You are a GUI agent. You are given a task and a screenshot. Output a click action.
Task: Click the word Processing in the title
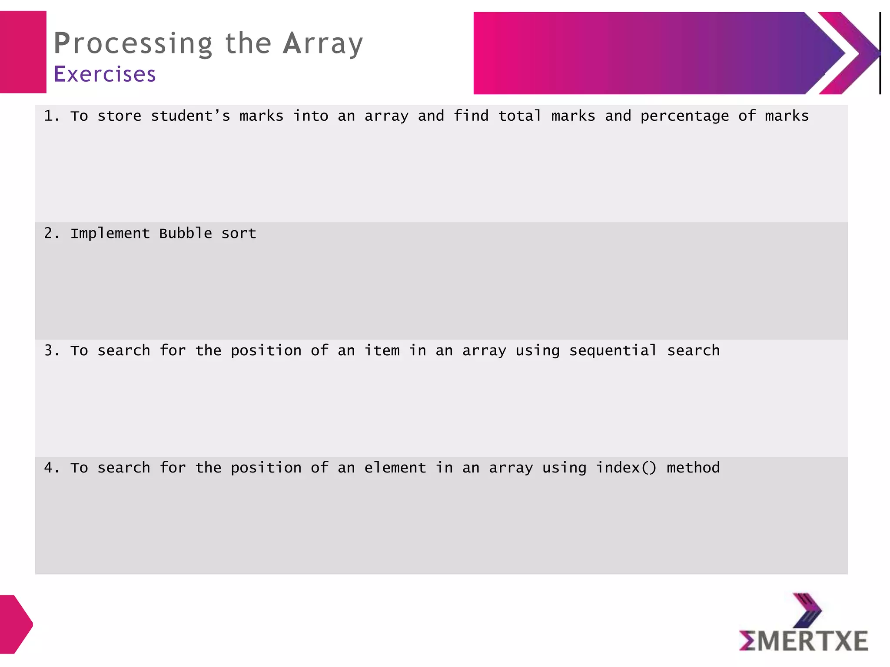pyautogui.click(x=133, y=44)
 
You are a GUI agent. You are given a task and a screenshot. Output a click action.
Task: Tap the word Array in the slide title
pyautogui.click(x=323, y=44)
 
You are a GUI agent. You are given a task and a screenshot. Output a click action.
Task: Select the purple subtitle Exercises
pyautogui.click(x=104, y=74)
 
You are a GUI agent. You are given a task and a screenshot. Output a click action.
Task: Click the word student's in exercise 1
pyautogui.click(x=190, y=116)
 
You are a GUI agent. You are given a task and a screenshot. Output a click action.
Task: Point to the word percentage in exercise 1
pyautogui.click(x=684, y=116)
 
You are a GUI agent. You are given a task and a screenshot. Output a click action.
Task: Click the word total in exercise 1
pyautogui.click(x=520, y=116)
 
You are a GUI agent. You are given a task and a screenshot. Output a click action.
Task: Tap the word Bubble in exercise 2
pyautogui.click(x=186, y=234)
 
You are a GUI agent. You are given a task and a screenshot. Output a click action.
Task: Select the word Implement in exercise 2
pyautogui.click(x=110, y=234)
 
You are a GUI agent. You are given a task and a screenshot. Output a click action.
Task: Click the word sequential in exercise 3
pyautogui.click(x=613, y=351)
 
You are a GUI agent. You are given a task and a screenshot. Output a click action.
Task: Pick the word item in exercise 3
pyautogui.click(x=382, y=351)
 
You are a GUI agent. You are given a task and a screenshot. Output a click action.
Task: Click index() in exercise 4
pyautogui.click(x=626, y=468)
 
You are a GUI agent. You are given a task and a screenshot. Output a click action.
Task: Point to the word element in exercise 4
pyautogui.click(x=395, y=468)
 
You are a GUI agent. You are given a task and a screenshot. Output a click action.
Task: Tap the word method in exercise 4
pyautogui.click(x=693, y=468)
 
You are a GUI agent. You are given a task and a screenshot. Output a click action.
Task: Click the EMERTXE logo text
pyautogui.click(x=804, y=641)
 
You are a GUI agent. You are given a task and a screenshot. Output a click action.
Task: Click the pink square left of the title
pyautogui.click(x=23, y=52)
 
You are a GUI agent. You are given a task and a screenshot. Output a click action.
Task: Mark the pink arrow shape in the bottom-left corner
pyautogui.click(x=16, y=624)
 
